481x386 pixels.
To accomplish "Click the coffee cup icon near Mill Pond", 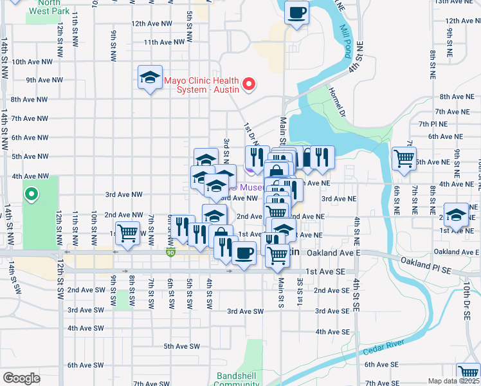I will pyautogui.click(x=296, y=13).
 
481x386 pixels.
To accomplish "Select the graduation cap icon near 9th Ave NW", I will pyautogui.click(x=150, y=78).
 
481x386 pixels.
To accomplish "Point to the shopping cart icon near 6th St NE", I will pyautogui.click(x=404, y=158).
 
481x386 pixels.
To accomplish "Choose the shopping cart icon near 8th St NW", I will pyautogui.click(x=128, y=233).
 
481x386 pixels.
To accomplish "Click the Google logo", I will pyautogui.click(x=21, y=378).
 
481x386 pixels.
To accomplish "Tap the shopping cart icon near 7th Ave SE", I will pyautogui.click(x=468, y=373).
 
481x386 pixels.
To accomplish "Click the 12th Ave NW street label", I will pyautogui.click(x=152, y=23).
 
